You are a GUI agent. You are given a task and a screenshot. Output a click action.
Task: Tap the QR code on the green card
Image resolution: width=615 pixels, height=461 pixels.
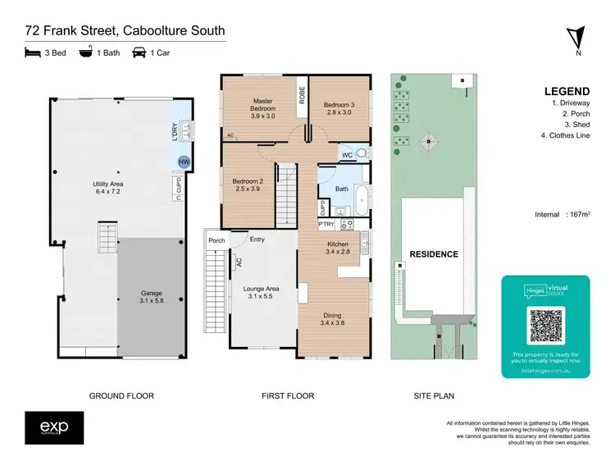click(x=546, y=326)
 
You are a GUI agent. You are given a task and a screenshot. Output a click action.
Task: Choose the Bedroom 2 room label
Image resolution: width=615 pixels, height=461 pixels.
click(x=246, y=185)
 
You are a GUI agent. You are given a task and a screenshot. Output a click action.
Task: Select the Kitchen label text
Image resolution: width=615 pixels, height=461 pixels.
click(x=338, y=248)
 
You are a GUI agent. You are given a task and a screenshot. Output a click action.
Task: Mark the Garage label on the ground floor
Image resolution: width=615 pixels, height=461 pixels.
click(x=151, y=297)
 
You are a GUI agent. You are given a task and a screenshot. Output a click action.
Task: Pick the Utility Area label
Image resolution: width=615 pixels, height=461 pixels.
click(x=108, y=189)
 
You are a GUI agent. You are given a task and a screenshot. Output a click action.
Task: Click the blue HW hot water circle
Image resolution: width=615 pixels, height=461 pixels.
click(x=183, y=162)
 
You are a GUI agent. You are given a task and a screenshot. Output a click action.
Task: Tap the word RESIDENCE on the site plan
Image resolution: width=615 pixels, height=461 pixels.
click(x=434, y=254)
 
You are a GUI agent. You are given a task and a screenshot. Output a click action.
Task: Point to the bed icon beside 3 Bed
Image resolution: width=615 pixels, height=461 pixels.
click(x=32, y=53)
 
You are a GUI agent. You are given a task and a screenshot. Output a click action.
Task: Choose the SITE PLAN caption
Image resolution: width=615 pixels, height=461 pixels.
click(x=434, y=396)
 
